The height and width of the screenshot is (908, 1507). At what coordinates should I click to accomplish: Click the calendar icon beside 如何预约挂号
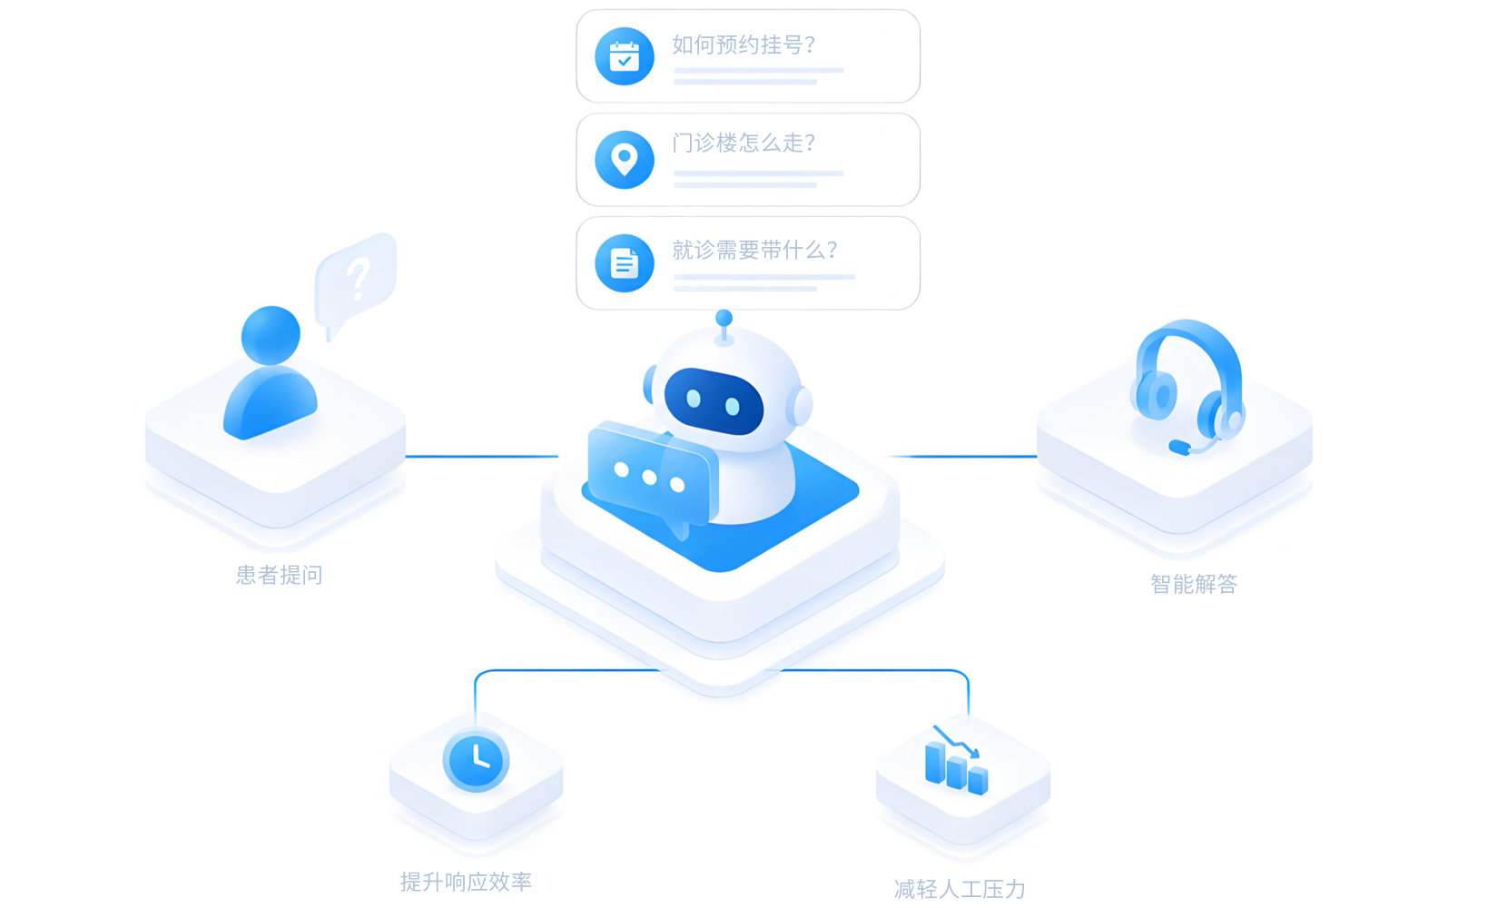pyautogui.click(x=625, y=56)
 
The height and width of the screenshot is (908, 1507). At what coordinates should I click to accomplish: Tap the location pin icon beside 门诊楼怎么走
pyautogui.click(x=625, y=160)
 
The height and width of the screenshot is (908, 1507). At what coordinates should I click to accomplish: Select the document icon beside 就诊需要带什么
pyautogui.click(x=625, y=263)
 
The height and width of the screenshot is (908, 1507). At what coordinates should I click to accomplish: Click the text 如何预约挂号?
pyautogui.click(x=744, y=45)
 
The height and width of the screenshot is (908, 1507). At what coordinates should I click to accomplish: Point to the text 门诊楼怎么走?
pyautogui.click(x=744, y=143)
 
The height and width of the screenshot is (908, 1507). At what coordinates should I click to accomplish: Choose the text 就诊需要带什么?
pyautogui.click(x=754, y=250)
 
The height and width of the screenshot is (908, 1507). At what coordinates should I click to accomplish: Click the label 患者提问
pyautogui.click(x=280, y=575)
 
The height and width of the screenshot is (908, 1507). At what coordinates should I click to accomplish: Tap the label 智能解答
pyautogui.click(x=1194, y=584)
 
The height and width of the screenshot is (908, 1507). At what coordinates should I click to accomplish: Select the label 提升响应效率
pyautogui.click(x=466, y=881)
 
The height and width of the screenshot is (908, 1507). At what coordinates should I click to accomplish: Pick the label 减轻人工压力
pyautogui.click(x=960, y=889)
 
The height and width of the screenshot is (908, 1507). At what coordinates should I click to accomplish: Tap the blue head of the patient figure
pyautogui.click(x=271, y=335)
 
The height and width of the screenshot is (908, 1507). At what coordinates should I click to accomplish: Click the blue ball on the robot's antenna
pyautogui.click(x=724, y=318)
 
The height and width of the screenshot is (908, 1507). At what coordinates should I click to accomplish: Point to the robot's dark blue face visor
pyautogui.click(x=714, y=401)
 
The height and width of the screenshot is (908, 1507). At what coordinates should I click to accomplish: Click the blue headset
pyautogui.click(x=1188, y=387)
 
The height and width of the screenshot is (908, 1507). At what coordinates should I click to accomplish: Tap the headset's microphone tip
pyautogui.click(x=1179, y=447)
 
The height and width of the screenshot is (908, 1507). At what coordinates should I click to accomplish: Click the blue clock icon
pyautogui.click(x=476, y=761)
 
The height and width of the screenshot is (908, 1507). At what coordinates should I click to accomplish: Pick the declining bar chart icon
pyautogui.click(x=956, y=761)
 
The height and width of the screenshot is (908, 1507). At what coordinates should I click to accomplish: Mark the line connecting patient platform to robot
pyautogui.click(x=482, y=457)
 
